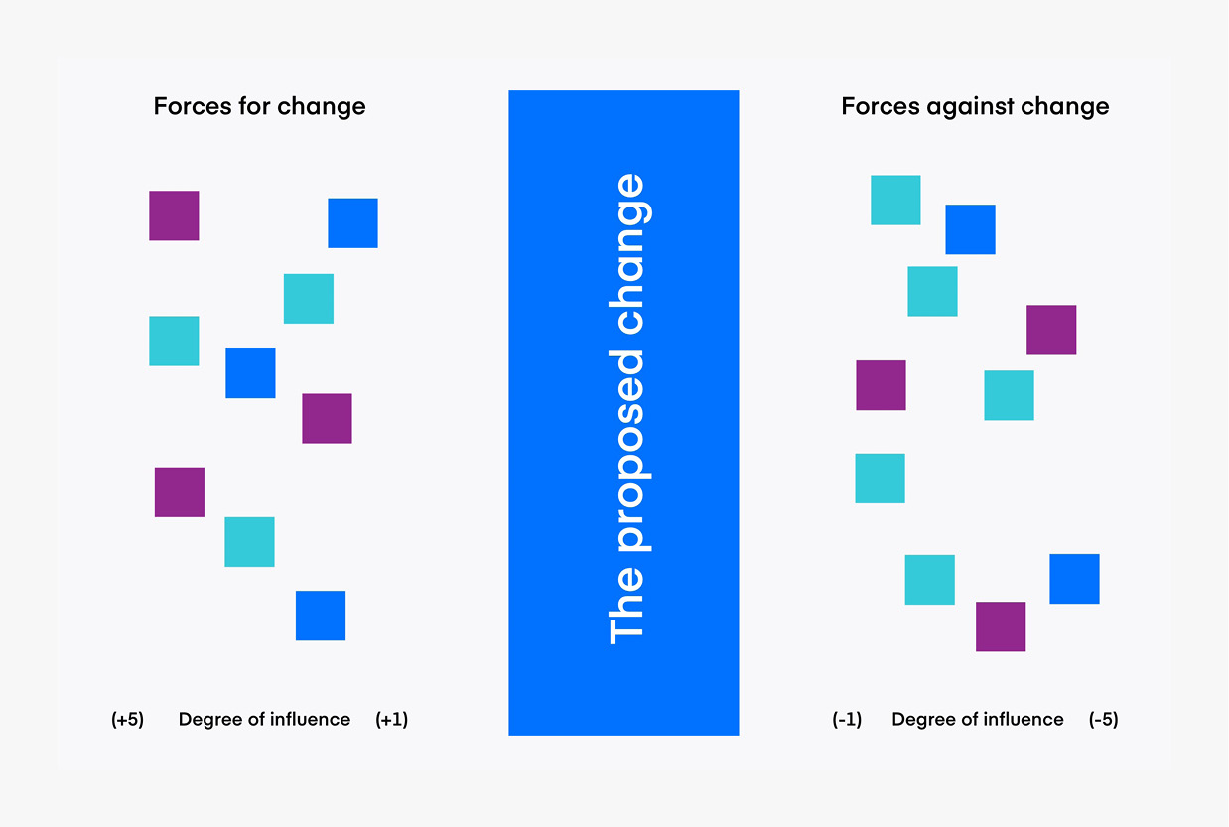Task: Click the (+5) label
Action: [127, 719]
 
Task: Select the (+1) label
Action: [392, 719]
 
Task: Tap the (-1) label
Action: [847, 719]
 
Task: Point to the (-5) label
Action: [1103, 719]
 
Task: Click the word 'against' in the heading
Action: [970, 107]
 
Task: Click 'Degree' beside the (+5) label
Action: [210, 720]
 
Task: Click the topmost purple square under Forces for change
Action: [174, 215]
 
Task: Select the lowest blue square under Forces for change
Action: [321, 616]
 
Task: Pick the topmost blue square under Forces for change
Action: [352, 222]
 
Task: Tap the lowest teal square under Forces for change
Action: [249, 542]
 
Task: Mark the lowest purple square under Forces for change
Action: [180, 492]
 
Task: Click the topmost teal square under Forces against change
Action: [895, 200]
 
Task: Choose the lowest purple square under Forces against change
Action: [1001, 626]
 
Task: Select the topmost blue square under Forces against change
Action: [971, 229]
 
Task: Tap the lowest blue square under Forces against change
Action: [1075, 579]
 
